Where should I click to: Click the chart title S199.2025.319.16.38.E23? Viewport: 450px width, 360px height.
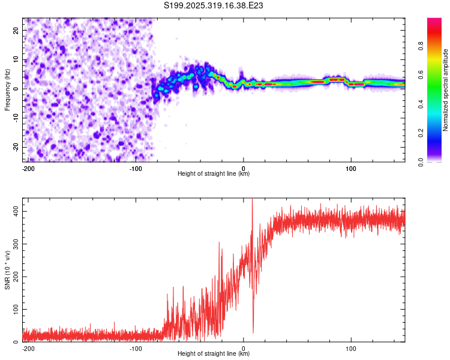coord(214,5)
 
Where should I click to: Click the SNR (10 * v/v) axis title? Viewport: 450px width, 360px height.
coord(7,270)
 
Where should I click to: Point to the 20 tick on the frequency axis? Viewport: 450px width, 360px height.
coord(16,30)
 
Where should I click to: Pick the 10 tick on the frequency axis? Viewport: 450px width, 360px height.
coord(16,59)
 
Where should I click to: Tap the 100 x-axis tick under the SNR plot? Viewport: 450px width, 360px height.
coord(351,348)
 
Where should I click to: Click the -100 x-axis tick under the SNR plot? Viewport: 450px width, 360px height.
coord(136,348)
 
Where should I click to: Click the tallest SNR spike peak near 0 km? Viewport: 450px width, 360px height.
coord(252,199)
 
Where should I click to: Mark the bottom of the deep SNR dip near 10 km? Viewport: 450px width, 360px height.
coord(253,332)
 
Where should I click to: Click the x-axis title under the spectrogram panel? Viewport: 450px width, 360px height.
coord(214,174)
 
